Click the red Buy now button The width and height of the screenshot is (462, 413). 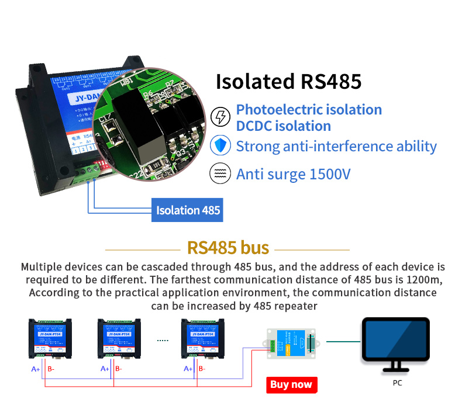coord(292,384)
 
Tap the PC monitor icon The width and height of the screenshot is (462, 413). coord(395,344)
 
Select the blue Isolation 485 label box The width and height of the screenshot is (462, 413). coord(188,210)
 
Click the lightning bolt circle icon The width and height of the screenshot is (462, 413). coord(220,117)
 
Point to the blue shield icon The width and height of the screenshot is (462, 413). coord(220,145)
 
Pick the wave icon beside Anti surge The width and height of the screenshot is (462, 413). coord(220,174)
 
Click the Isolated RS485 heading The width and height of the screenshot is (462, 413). coord(289,82)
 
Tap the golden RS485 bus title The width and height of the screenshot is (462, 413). coord(228,247)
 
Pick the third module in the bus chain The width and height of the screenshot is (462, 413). coord(202,338)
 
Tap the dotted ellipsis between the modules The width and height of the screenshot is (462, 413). coord(163,339)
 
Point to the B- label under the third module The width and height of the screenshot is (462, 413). coord(201,369)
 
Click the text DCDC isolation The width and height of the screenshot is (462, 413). coord(283,126)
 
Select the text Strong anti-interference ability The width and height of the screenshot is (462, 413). coord(336,146)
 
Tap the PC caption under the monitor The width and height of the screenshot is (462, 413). coord(398,383)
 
